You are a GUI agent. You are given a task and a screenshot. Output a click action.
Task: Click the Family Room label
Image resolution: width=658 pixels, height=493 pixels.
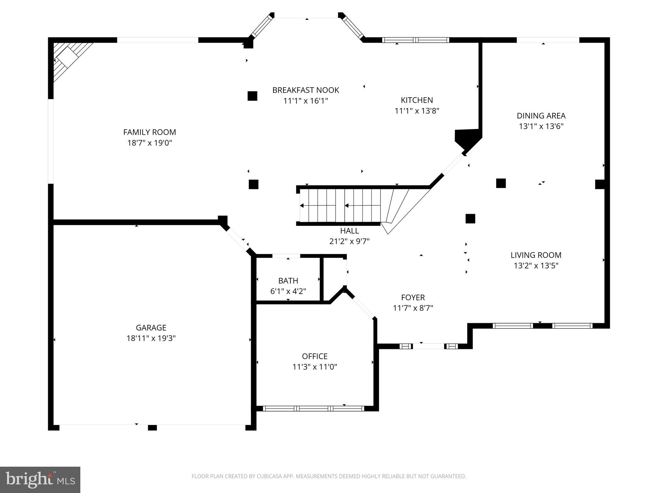click(x=149, y=132)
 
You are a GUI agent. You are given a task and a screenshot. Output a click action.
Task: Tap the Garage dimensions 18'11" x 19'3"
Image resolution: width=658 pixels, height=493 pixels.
click(x=151, y=338)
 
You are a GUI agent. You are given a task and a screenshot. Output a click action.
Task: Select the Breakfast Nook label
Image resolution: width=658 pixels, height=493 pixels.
click(x=306, y=90)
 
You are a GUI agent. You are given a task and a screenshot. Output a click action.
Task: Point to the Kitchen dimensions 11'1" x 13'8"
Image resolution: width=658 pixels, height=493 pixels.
click(x=417, y=111)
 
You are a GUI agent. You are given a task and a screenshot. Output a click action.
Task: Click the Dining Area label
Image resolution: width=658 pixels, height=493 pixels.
click(x=541, y=116)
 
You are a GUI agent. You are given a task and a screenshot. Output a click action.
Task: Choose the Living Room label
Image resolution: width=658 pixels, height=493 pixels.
click(x=536, y=255)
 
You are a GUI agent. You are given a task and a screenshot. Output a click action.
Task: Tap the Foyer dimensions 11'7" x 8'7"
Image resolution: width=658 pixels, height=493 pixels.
click(x=413, y=308)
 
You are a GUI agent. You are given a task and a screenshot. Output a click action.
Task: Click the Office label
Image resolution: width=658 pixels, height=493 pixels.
click(x=315, y=356)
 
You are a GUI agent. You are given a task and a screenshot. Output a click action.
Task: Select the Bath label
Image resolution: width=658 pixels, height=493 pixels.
click(x=288, y=281)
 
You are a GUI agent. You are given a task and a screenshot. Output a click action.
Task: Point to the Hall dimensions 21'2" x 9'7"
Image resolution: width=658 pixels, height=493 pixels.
click(x=349, y=241)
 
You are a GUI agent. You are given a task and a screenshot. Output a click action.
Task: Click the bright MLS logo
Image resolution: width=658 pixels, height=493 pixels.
click(x=40, y=480)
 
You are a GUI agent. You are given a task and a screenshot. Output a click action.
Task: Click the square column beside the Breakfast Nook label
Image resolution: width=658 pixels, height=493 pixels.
click(x=252, y=96)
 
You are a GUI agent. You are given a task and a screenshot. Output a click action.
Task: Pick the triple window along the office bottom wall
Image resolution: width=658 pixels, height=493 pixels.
click(x=313, y=409)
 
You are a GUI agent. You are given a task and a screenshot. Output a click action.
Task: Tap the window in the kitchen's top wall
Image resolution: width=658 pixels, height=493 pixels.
click(x=415, y=40)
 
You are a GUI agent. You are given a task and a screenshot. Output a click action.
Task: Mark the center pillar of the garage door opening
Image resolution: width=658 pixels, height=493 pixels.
click(x=152, y=428)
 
